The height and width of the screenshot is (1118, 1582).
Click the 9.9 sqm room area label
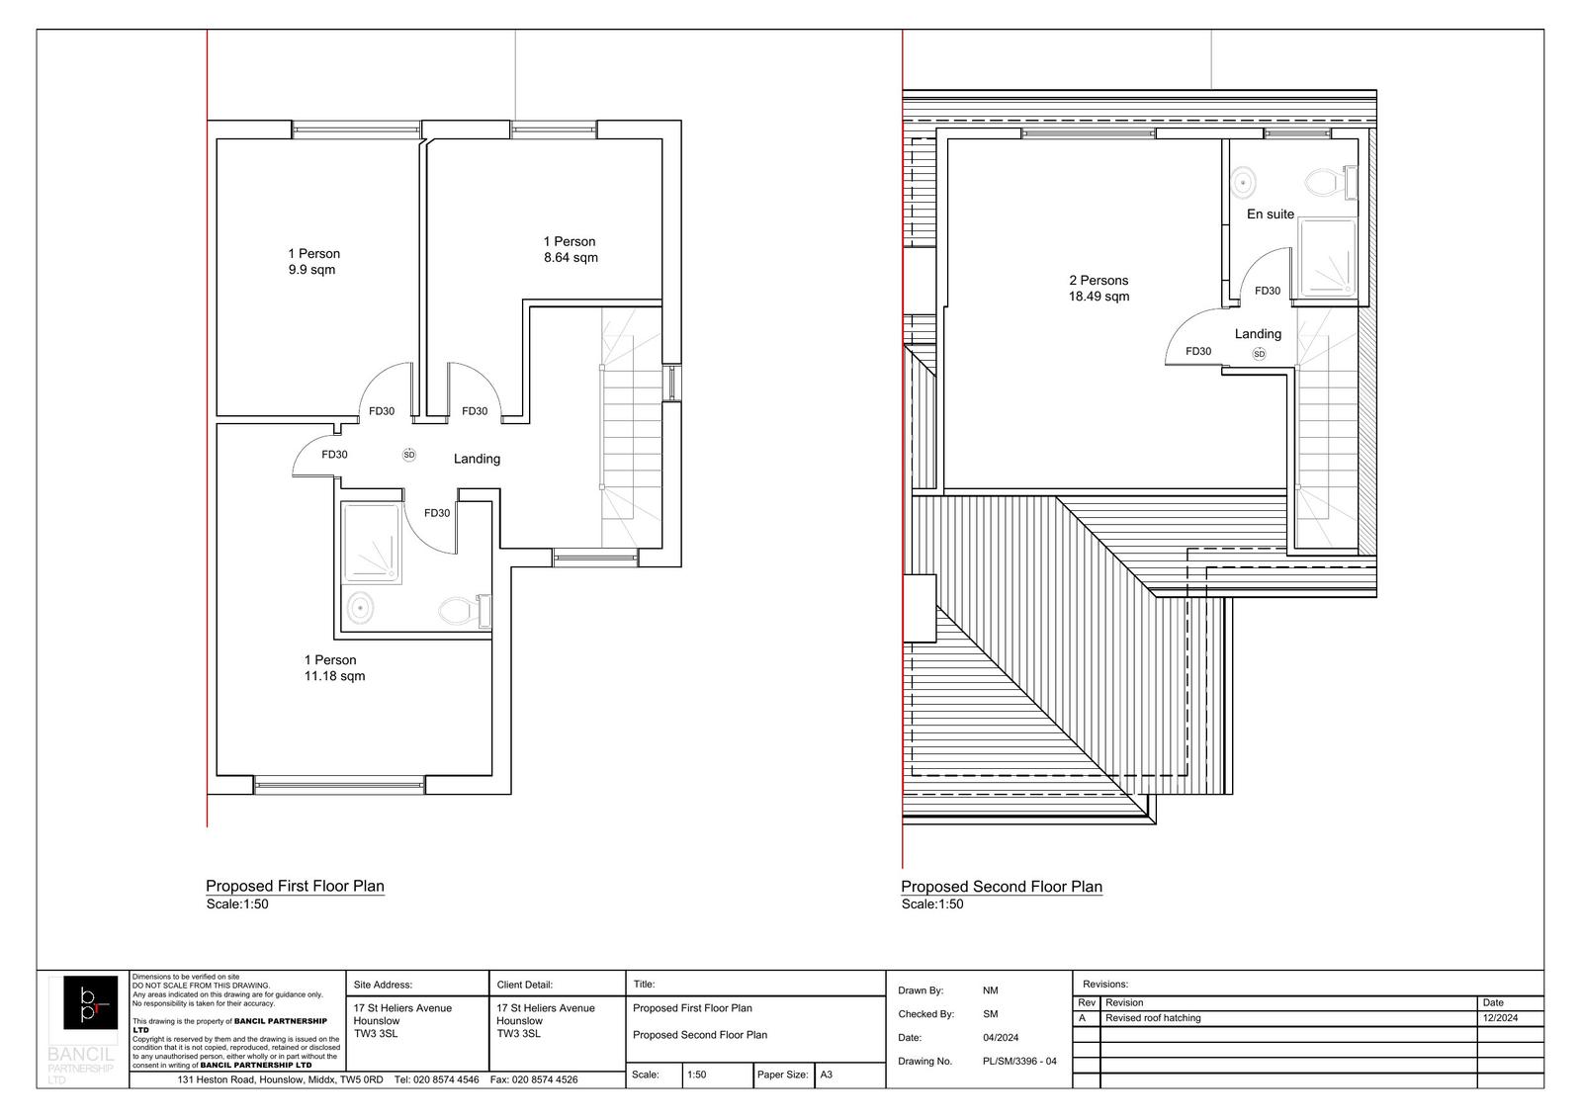(312, 270)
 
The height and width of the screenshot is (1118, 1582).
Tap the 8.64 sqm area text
(571, 258)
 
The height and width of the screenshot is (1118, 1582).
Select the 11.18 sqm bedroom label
(334, 676)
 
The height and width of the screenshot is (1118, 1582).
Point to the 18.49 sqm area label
(1099, 297)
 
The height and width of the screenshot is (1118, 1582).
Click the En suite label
(1270, 215)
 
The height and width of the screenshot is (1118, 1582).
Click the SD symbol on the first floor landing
(409, 455)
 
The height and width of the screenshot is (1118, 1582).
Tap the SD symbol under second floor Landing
(1259, 354)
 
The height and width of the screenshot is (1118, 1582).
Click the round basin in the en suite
(1243, 182)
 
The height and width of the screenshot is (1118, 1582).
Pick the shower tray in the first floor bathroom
(371, 543)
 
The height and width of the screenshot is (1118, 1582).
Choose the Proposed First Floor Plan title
(295, 887)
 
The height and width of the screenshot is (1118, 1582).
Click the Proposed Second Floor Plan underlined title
(1001, 887)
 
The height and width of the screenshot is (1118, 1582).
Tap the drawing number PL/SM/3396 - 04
(1018, 1062)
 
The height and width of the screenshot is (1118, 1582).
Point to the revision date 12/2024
(1499, 1018)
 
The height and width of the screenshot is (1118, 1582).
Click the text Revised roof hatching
(1152, 1018)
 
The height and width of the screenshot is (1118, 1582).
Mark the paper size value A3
(827, 1075)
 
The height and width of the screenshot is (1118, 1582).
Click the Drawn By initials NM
(990, 990)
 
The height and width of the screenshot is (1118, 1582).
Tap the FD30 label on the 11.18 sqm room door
(334, 455)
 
